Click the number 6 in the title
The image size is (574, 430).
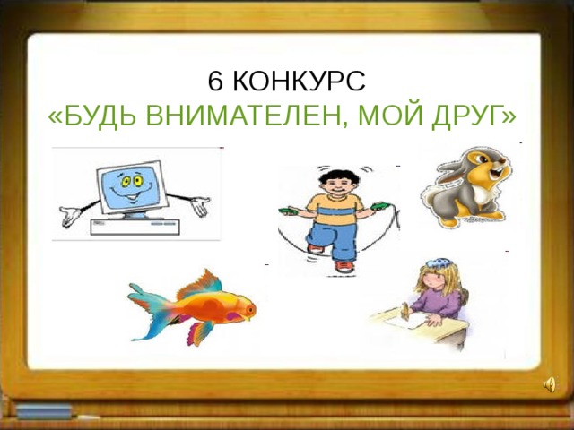[x=215, y=82]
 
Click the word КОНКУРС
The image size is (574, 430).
[x=300, y=82]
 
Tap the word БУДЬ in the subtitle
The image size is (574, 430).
[x=96, y=116]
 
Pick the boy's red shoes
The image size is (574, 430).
[x=344, y=266]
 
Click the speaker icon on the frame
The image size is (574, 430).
[x=549, y=385]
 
